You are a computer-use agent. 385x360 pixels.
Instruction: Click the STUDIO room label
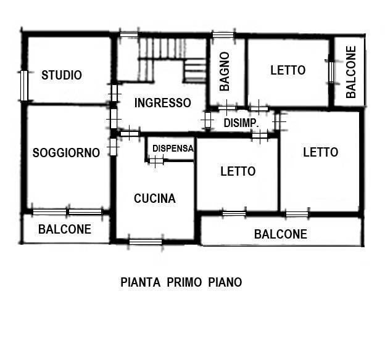pos(62,75)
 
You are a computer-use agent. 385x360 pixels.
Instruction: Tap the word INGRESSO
pos(163,103)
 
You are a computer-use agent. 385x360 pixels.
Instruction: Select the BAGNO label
pos(225,71)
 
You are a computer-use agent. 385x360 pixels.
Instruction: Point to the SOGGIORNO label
pos(66,153)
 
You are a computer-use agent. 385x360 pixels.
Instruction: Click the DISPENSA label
pos(173,148)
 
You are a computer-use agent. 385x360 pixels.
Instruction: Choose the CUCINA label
pos(155,198)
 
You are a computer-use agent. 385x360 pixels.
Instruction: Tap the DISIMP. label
pos(241,123)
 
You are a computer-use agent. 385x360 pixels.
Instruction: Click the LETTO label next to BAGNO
pos(288,70)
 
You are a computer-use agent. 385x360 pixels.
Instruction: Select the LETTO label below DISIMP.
pos(238,171)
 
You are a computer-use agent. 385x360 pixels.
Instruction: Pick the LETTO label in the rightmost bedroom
pos(320,152)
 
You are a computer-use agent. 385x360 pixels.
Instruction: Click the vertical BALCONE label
pos(351,72)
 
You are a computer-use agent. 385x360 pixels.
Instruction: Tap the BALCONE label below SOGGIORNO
pos(65,229)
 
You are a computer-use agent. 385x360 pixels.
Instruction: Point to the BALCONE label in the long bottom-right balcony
pos(281,234)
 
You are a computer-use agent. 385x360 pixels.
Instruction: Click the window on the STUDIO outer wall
pos(24,86)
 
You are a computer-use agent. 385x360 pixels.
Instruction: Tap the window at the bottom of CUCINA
pos(146,241)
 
